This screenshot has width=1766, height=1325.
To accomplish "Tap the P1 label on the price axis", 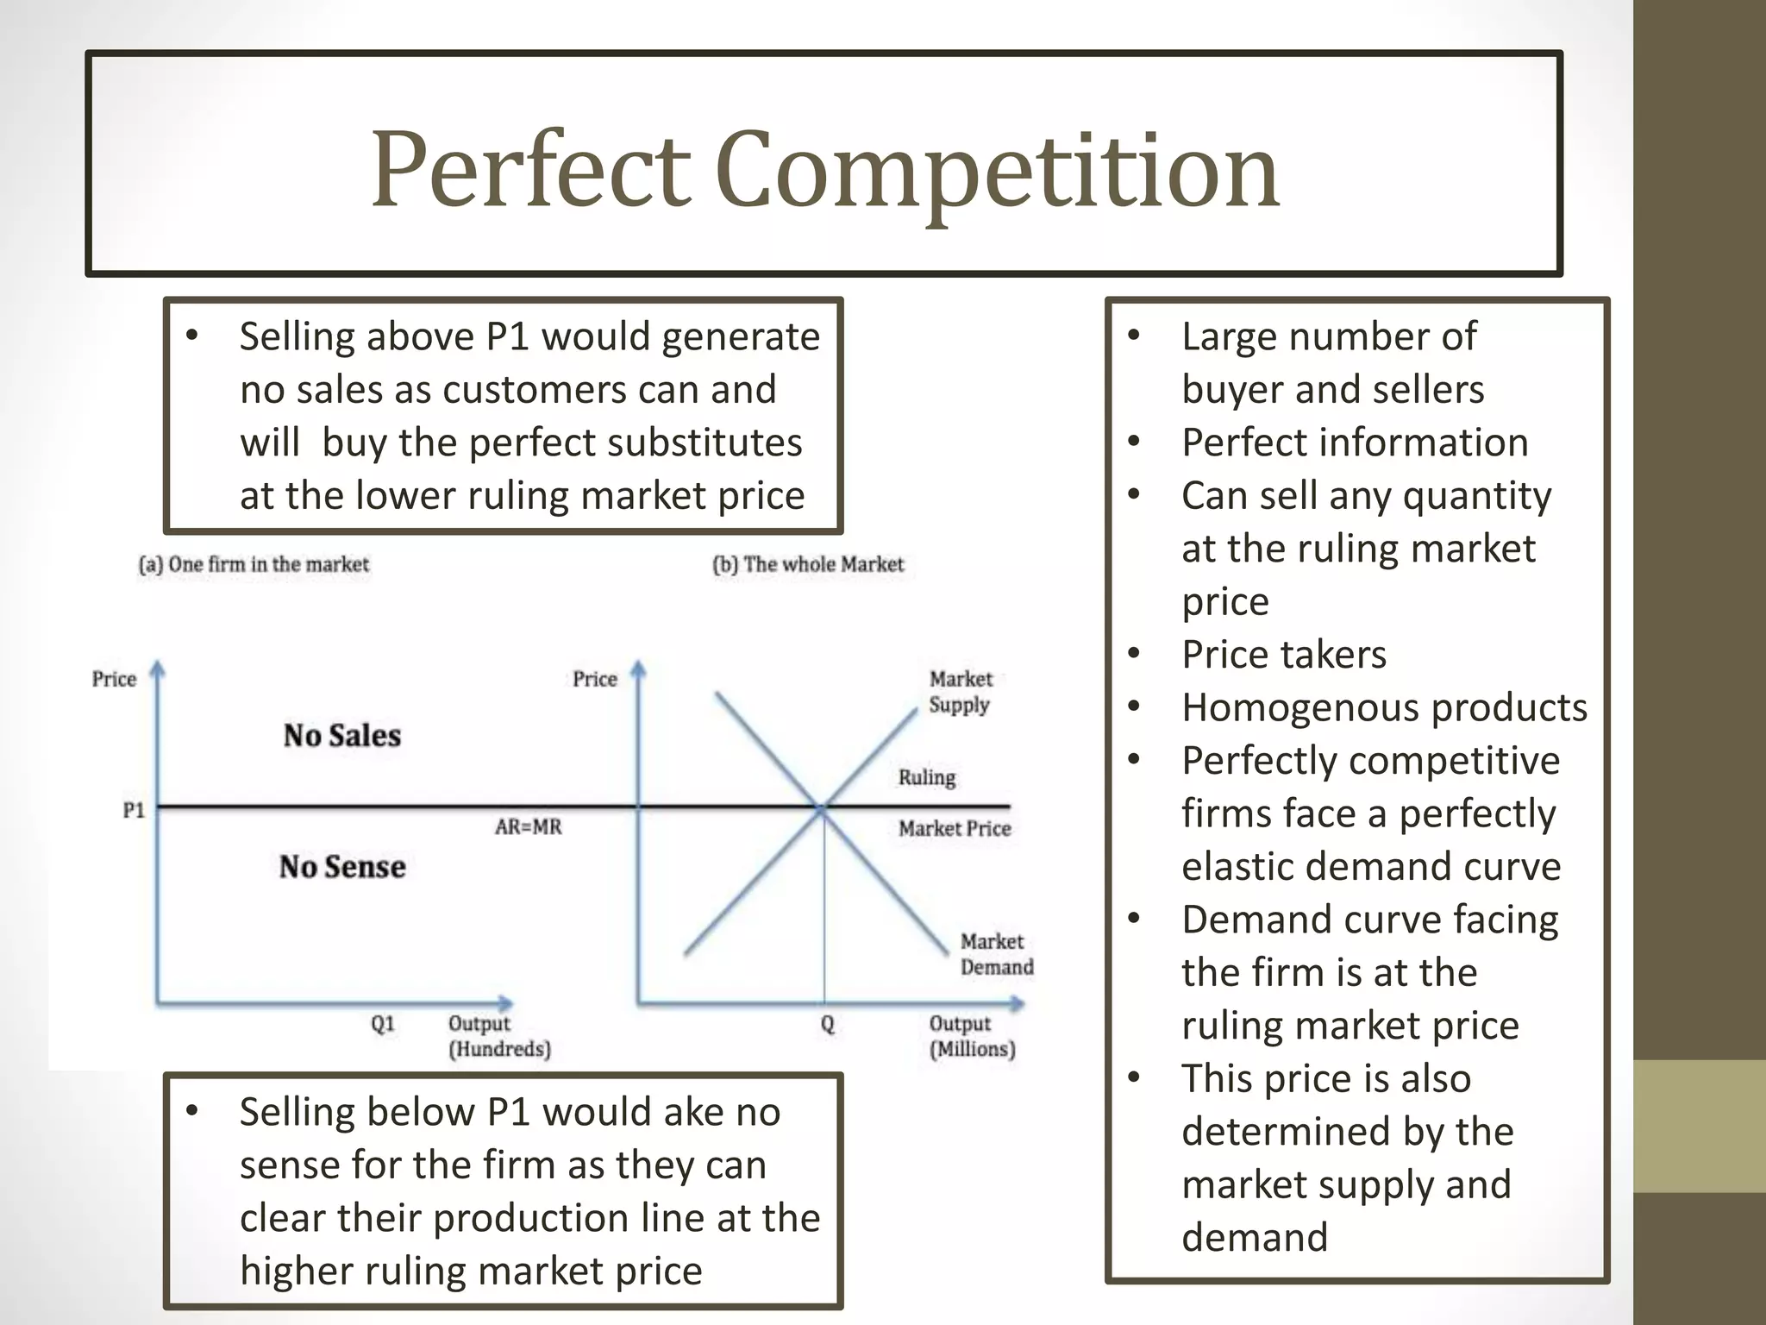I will (x=134, y=810).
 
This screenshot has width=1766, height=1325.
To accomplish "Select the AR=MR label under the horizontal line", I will (x=528, y=827).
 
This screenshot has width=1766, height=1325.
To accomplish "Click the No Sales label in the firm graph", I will (x=342, y=736).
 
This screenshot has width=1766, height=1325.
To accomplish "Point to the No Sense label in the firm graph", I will (x=342, y=867).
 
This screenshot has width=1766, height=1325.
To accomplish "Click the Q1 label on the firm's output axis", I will (x=383, y=1024).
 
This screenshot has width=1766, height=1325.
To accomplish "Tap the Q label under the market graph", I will (x=828, y=1024).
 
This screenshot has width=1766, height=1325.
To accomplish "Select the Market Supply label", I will (x=960, y=692).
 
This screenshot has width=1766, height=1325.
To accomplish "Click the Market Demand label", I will (x=996, y=954).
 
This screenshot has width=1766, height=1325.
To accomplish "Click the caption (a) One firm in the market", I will (x=254, y=565).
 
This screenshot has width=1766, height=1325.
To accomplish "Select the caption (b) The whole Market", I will (x=808, y=565).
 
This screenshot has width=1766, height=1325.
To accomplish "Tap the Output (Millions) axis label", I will (x=972, y=1036).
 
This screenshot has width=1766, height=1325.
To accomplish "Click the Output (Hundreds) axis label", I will (x=499, y=1036).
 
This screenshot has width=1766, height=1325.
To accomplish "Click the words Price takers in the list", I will (x=1284, y=655).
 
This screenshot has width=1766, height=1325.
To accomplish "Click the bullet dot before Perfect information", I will (x=1134, y=443).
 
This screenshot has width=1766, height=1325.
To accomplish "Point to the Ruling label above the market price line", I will (x=927, y=777).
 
